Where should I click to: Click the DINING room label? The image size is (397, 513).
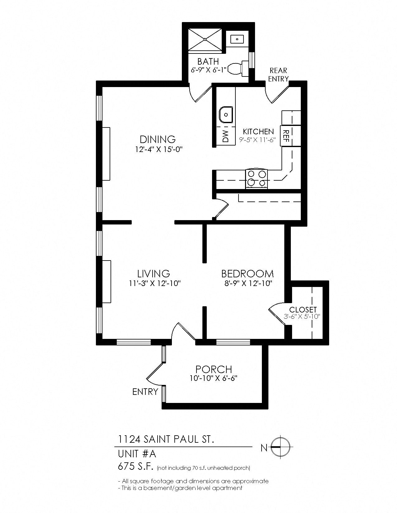point(158,139)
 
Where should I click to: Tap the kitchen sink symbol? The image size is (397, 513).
point(225,115)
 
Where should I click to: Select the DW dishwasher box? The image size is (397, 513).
point(225,136)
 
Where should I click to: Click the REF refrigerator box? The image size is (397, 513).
point(286,136)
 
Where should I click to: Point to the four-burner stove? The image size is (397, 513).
point(257,178)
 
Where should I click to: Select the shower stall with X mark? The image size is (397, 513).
point(205,39)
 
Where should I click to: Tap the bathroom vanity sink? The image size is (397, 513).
point(237,39)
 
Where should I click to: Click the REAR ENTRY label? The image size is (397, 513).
point(278,75)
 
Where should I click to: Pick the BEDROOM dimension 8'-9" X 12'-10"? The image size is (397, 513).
point(248,283)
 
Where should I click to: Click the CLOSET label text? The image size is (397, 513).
point(303,310)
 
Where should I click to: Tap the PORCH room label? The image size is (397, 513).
point(214,369)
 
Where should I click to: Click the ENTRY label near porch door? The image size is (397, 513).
point(145,391)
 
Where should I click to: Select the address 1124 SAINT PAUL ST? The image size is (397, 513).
point(166,440)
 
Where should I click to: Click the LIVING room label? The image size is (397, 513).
point(154,274)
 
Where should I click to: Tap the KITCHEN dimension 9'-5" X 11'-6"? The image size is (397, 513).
point(258,140)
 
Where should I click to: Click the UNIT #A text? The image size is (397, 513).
point(137,454)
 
